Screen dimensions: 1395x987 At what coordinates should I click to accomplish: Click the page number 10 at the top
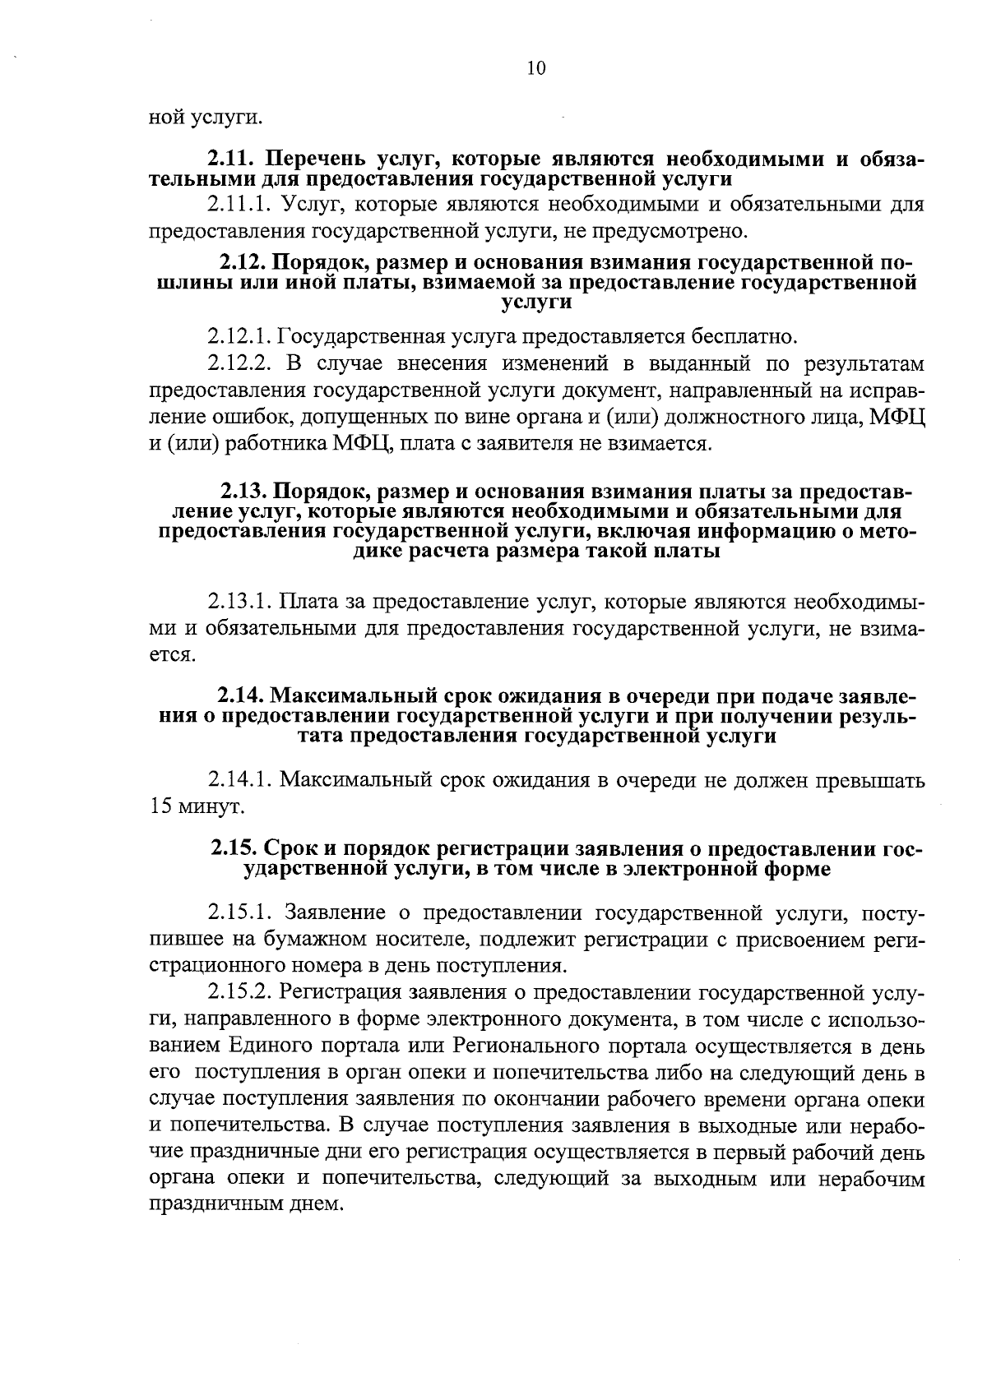[535, 68]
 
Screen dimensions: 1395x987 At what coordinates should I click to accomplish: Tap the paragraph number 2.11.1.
[236, 203]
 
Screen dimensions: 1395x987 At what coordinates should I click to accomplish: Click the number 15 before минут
[160, 806]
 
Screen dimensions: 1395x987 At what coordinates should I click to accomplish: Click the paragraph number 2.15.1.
[236, 912]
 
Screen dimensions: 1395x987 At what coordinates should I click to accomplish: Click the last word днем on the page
[313, 1206]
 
